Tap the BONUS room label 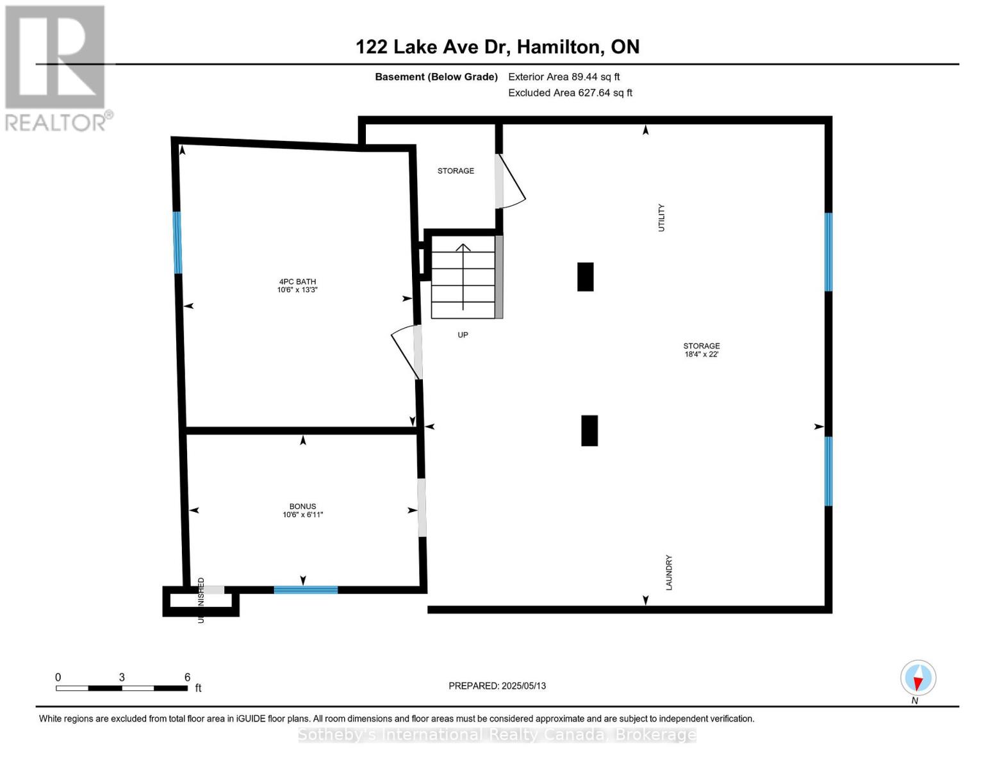pyautogui.click(x=302, y=510)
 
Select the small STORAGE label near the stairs pyautogui.click(x=456, y=171)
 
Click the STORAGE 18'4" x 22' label pyautogui.click(x=701, y=350)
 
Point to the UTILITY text pyautogui.click(x=662, y=218)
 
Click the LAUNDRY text pyautogui.click(x=669, y=572)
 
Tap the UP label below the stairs pyautogui.click(x=463, y=335)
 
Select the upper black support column pyautogui.click(x=585, y=277)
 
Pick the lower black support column pyautogui.click(x=589, y=431)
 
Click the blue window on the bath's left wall pyautogui.click(x=177, y=243)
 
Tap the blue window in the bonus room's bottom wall pyautogui.click(x=306, y=590)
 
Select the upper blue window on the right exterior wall pyautogui.click(x=828, y=252)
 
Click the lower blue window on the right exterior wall pyautogui.click(x=828, y=471)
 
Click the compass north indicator pyautogui.click(x=918, y=678)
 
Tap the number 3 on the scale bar pyautogui.click(x=121, y=677)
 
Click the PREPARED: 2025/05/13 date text pyautogui.click(x=497, y=686)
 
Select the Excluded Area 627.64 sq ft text pyautogui.click(x=570, y=93)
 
